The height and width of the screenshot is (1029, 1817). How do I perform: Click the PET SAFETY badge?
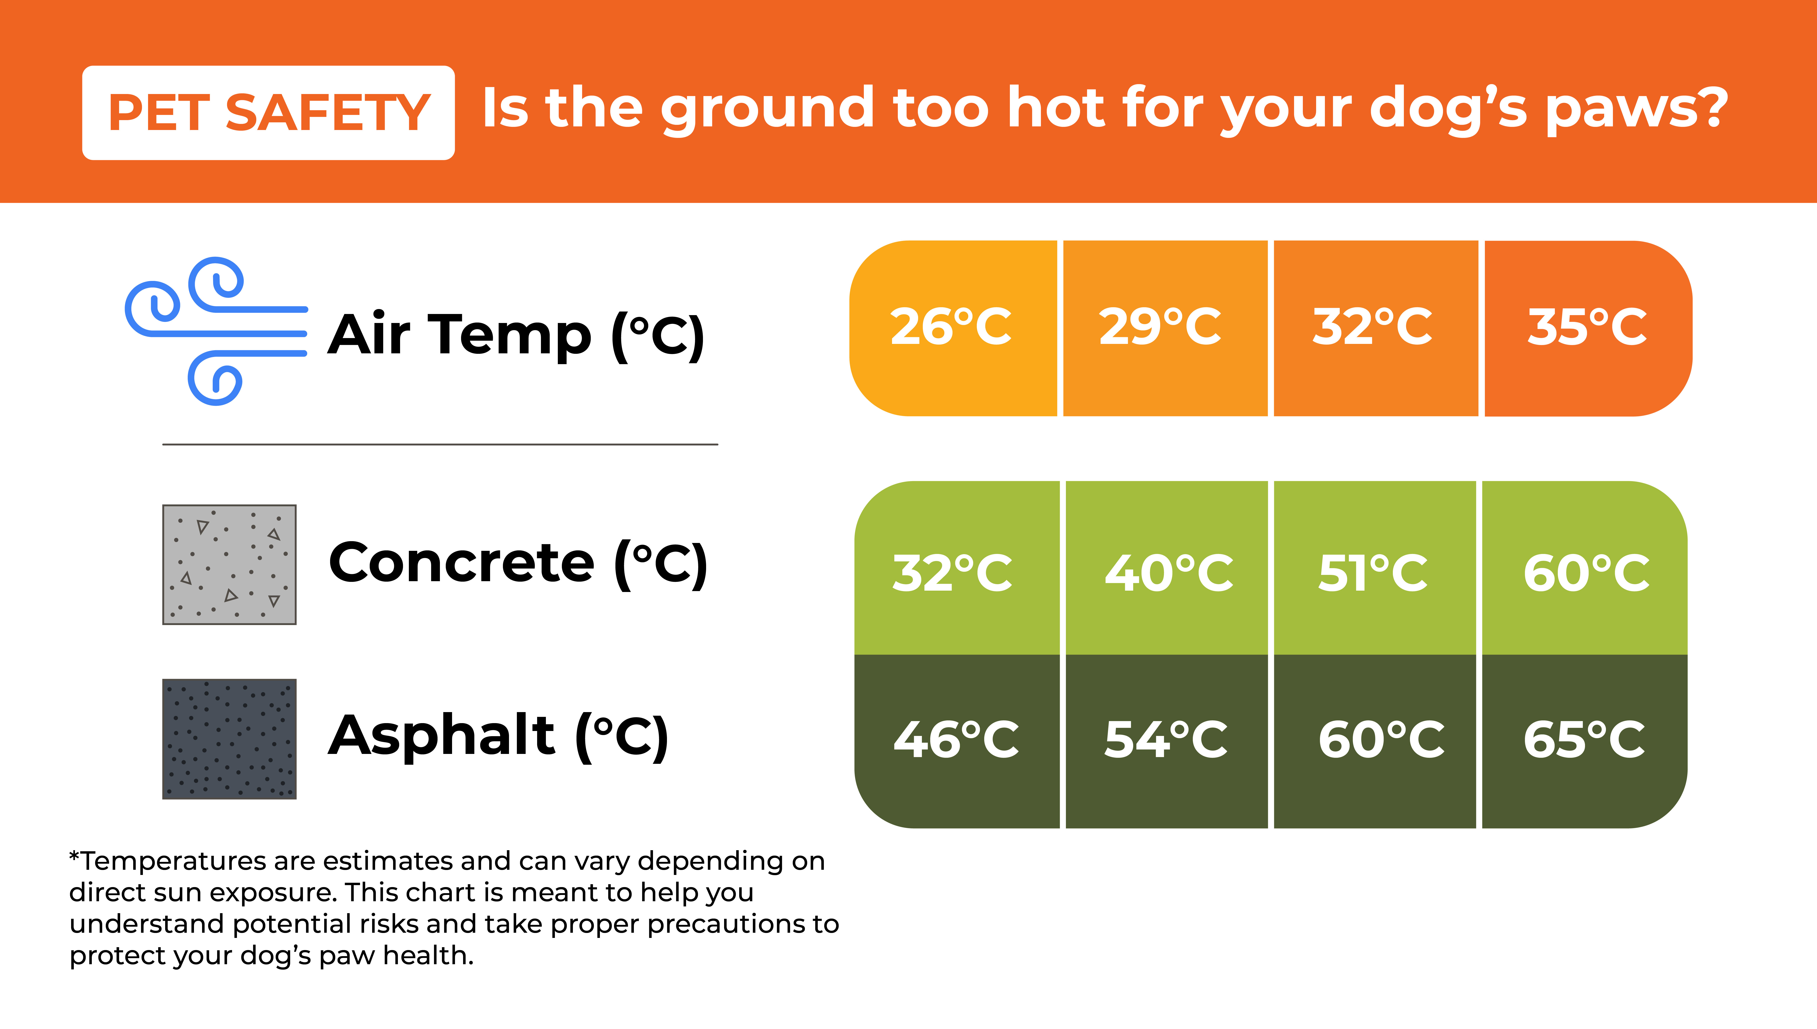click(x=269, y=113)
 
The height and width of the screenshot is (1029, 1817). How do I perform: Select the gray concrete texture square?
click(x=229, y=565)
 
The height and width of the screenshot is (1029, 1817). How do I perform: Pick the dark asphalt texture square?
click(x=229, y=739)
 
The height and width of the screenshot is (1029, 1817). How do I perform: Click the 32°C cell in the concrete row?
click(x=957, y=568)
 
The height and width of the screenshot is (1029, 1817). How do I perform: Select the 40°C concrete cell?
click(x=1166, y=568)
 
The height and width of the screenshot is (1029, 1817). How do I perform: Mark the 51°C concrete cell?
click(x=1374, y=568)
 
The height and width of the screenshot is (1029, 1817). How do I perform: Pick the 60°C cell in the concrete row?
click(x=1584, y=568)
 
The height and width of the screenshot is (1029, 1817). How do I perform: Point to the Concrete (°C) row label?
click(x=518, y=564)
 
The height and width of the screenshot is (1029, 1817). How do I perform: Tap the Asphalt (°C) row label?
click(x=498, y=737)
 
